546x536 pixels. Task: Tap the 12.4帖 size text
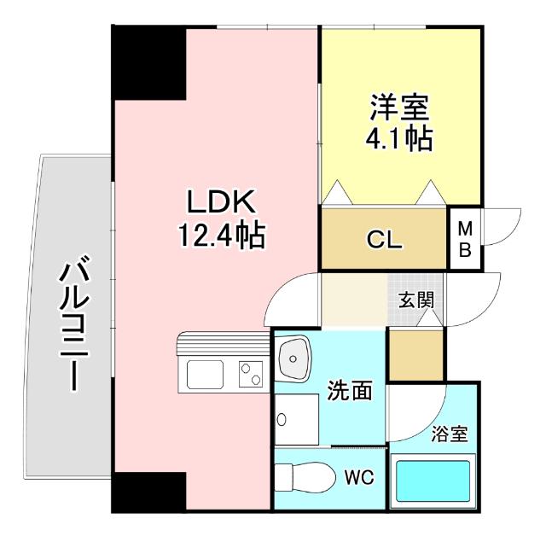[221, 233]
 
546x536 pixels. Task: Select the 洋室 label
[399, 108]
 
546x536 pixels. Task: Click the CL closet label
[384, 240]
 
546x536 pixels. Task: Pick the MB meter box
[466, 240]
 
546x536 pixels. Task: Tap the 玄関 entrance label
[415, 300]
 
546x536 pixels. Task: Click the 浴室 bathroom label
[448, 434]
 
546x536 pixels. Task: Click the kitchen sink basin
[205, 373]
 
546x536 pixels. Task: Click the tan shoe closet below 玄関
[415, 352]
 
